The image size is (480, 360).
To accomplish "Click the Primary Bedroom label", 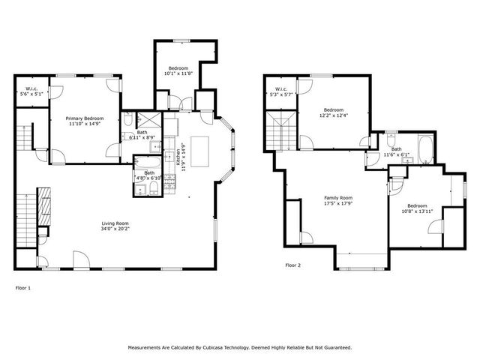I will pos(84,118).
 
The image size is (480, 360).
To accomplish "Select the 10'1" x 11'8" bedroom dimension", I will pos(178,73).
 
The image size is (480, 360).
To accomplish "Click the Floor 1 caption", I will pos(24,287).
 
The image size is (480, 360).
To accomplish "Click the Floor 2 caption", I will pos(292,265).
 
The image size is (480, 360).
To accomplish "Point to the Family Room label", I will pos(337,198).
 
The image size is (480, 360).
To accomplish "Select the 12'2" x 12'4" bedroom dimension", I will pos(333,115).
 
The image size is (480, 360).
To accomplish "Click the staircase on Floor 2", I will pos(279,135).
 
